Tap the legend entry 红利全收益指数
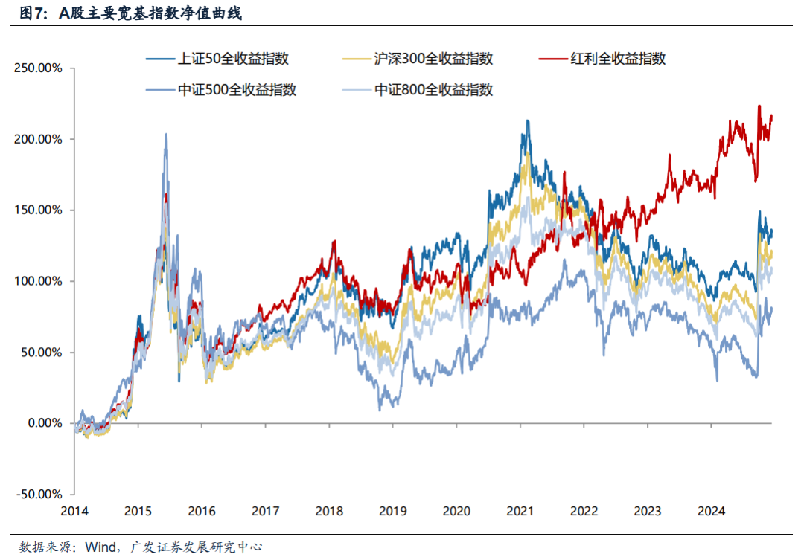tap(617, 59)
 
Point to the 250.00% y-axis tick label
tap(38, 68)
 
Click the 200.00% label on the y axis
tap(38, 139)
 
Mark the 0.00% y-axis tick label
tap(42, 423)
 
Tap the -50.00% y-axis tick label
tap(38, 494)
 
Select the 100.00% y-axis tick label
tap(38, 281)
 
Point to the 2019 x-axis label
tap(393, 512)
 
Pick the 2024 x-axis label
tap(712, 512)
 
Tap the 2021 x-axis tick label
tap(520, 512)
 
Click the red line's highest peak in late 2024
tap(759, 106)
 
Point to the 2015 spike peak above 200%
tap(165, 135)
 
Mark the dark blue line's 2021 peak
tap(527, 120)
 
